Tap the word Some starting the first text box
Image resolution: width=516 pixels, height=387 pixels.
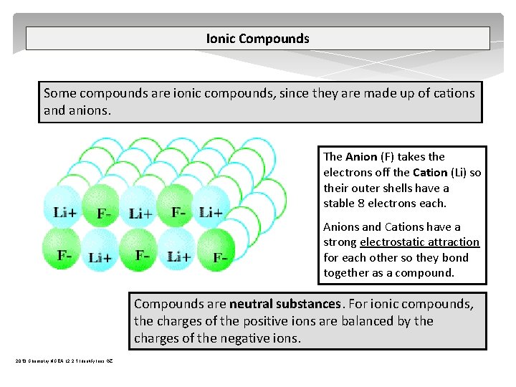(59, 93)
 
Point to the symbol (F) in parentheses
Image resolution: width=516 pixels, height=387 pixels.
(388, 156)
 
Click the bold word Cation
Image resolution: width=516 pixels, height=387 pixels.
(430, 172)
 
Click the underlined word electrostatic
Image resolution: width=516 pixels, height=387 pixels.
(391, 242)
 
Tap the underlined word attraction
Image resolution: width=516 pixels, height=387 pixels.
(451, 242)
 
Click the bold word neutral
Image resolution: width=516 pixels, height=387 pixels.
(255, 304)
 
